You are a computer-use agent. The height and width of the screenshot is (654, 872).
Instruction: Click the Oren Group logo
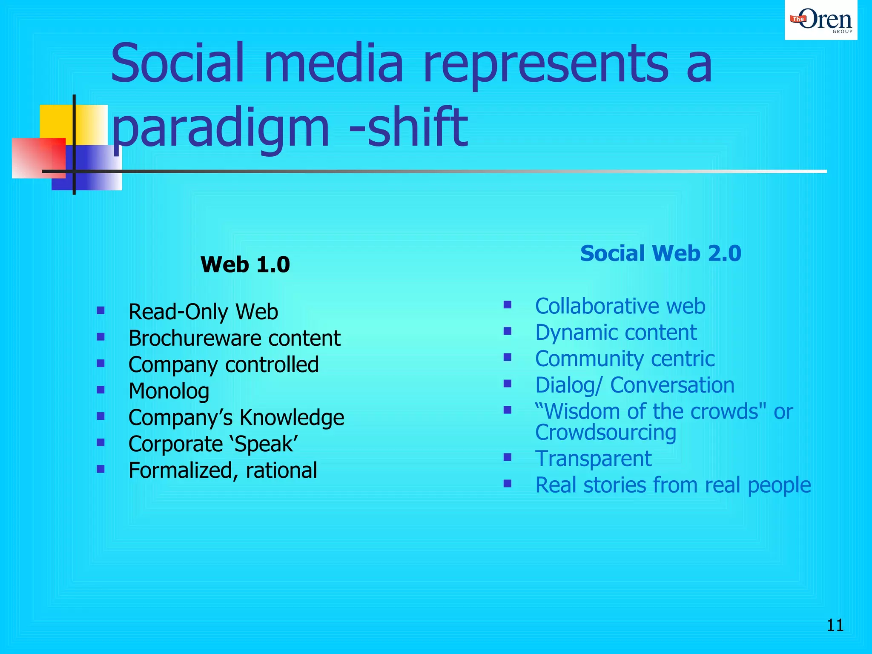click(x=820, y=20)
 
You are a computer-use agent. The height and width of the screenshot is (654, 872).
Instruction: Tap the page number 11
click(x=835, y=625)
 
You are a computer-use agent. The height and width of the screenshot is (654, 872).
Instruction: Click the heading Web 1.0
click(x=245, y=264)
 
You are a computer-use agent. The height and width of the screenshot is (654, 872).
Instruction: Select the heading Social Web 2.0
click(x=660, y=253)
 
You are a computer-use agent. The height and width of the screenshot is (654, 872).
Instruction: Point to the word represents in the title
click(x=545, y=64)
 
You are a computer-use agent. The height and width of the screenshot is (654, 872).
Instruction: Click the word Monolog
click(x=169, y=391)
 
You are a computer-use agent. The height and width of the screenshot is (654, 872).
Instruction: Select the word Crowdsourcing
click(x=605, y=433)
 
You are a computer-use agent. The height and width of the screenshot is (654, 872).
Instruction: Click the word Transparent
click(x=593, y=459)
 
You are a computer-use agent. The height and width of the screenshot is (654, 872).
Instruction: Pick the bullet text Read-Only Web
click(x=203, y=312)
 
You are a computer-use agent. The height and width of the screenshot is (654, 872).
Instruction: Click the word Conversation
click(x=672, y=385)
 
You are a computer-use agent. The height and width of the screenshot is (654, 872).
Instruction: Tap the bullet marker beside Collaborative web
click(x=507, y=305)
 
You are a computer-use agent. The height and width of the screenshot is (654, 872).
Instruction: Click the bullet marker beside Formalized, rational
click(x=100, y=469)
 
